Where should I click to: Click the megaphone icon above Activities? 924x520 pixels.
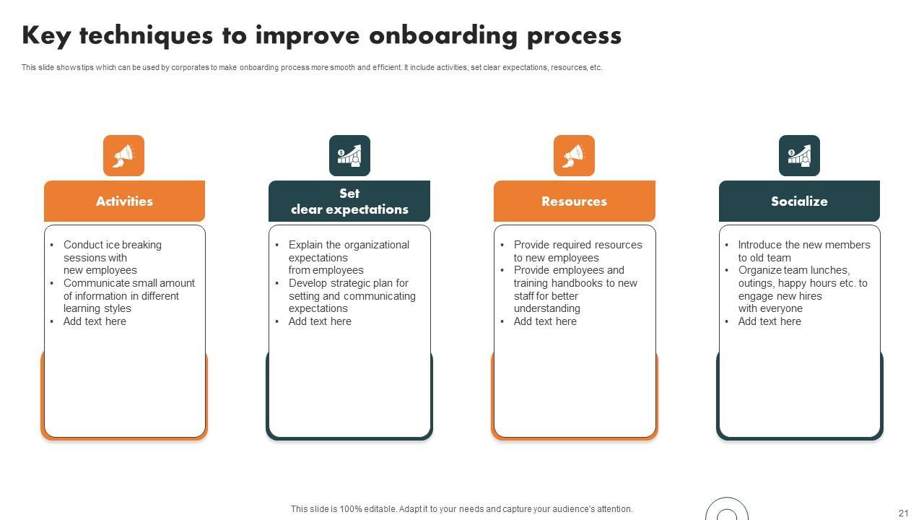click(x=123, y=155)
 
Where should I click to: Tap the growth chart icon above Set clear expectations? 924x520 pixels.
click(x=349, y=155)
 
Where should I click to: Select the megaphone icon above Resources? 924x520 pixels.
click(x=574, y=155)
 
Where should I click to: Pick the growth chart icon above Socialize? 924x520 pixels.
click(x=799, y=155)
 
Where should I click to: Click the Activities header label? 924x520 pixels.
click(x=125, y=201)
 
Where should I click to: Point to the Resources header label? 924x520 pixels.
click(x=574, y=201)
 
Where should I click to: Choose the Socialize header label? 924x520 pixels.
click(x=799, y=201)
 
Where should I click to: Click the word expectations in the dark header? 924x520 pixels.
click(x=367, y=209)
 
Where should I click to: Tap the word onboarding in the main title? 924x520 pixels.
click(x=443, y=35)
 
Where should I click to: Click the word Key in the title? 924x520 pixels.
click(x=46, y=36)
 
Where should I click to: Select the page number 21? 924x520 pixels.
click(x=903, y=513)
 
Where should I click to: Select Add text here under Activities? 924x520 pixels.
click(x=95, y=321)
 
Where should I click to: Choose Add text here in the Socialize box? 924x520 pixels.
click(x=770, y=321)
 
